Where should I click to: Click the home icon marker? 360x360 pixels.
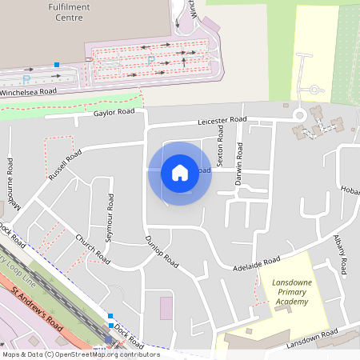coord(179,173)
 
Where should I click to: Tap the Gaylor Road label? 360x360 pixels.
coord(114,113)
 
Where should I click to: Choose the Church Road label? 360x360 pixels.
coord(91,249)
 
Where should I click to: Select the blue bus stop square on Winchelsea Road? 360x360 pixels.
coord(57,64)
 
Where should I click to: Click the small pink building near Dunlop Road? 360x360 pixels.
coord(166,308)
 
